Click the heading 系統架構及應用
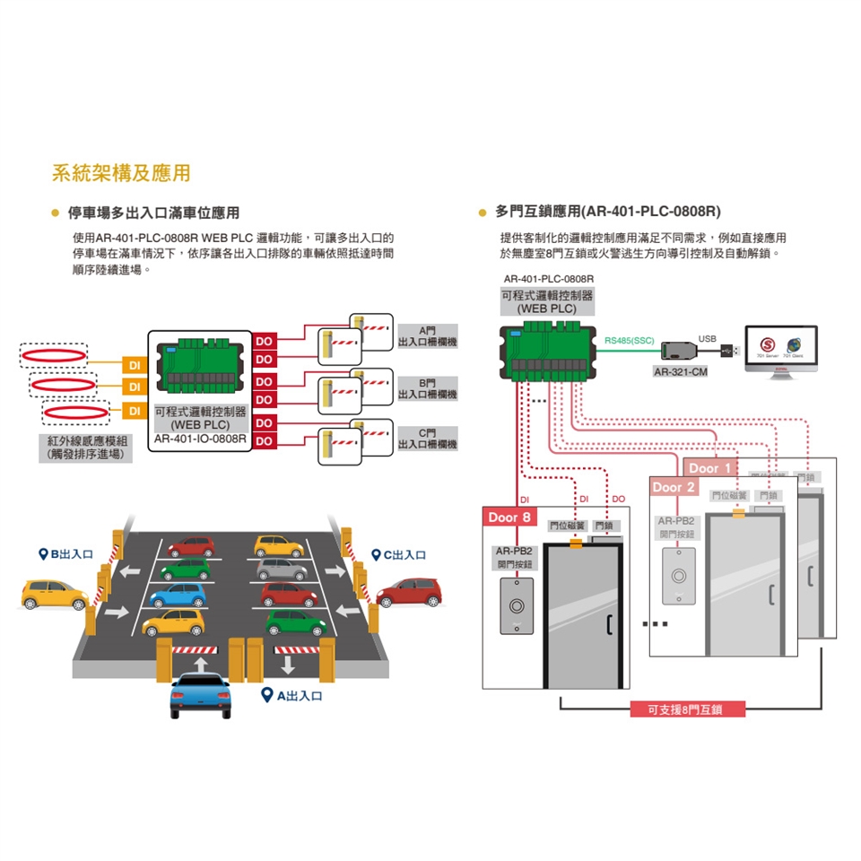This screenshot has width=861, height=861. point(121,173)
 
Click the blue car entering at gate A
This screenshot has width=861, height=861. point(200,695)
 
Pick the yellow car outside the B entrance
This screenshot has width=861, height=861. point(55,593)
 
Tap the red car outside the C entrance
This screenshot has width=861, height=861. point(410,591)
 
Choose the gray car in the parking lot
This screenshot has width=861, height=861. point(282,569)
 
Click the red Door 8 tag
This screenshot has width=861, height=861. point(509,517)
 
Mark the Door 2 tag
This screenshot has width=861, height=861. point(674,487)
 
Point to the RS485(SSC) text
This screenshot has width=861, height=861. point(631,341)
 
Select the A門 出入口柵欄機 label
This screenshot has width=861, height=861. point(427,337)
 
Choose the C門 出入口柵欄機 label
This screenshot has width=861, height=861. point(427,439)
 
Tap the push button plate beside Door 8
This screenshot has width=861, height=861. point(516,605)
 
